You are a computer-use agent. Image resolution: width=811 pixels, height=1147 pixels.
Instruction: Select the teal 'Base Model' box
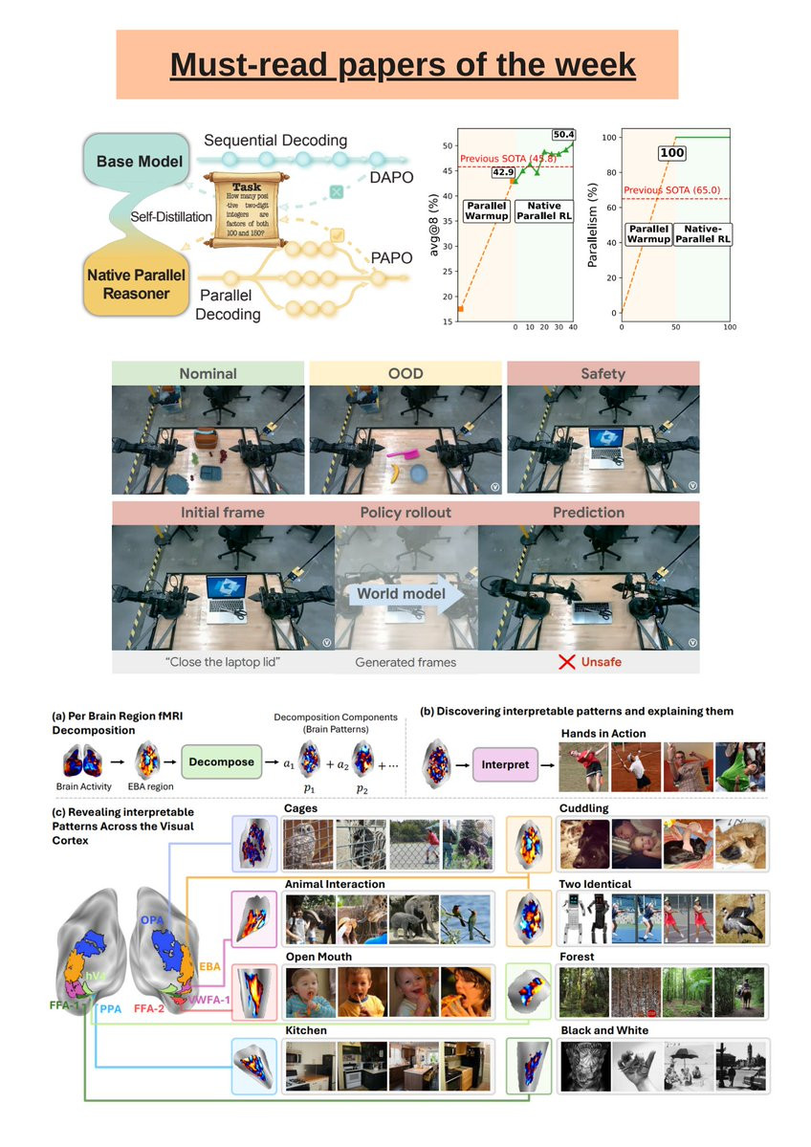145,161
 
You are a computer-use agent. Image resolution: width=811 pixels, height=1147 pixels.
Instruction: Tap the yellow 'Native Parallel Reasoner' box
144,284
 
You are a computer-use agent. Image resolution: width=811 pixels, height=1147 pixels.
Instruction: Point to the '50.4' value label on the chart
563,135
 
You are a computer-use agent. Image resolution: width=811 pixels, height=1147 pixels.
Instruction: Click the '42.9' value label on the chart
504,172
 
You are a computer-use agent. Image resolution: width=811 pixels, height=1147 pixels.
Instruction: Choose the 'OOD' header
405,373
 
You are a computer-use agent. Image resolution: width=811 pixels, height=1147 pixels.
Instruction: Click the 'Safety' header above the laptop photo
603,373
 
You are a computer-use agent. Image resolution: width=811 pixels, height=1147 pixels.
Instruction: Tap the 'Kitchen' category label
305,1030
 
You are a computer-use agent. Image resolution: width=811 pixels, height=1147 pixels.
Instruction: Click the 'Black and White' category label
603,1030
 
